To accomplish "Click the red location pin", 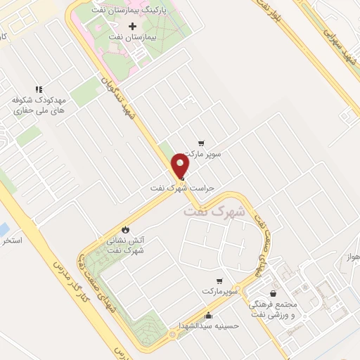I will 181,167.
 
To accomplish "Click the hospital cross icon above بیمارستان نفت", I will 131,26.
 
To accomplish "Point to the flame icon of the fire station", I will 125,229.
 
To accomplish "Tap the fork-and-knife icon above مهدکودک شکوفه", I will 39,89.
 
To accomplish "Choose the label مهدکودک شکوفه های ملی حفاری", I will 39,105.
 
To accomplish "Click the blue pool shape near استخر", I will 4,229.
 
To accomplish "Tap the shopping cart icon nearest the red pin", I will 202,141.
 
